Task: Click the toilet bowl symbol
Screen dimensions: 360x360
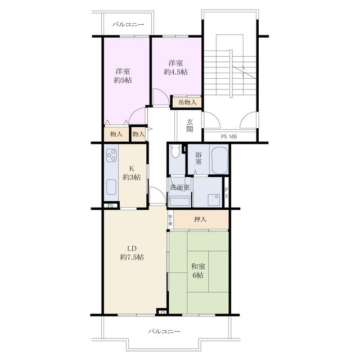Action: pyautogui.click(x=175, y=151)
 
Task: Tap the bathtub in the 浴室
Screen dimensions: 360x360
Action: pyautogui.click(x=218, y=160)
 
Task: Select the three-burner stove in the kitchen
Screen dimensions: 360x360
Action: pyautogui.click(x=111, y=155)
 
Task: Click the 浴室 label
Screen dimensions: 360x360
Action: pyautogui.click(x=198, y=158)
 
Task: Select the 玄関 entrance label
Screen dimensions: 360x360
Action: pyautogui.click(x=190, y=125)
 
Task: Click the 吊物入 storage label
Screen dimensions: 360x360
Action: pyautogui.click(x=187, y=102)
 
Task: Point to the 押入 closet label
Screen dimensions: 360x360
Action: pyautogui.click(x=201, y=219)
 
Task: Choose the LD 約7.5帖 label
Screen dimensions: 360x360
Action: pyautogui.click(x=132, y=253)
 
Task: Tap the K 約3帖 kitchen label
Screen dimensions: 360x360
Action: pyautogui.click(x=132, y=173)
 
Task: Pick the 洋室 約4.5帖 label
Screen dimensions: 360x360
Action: pyautogui.click(x=176, y=67)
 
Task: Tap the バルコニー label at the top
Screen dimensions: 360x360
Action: pyautogui.click(x=128, y=25)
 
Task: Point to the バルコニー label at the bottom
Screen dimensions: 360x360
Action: pyautogui.click(x=164, y=332)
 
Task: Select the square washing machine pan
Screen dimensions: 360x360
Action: pyautogui.click(x=213, y=200)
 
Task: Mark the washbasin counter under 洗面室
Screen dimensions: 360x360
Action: pyautogui.click(x=179, y=201)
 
